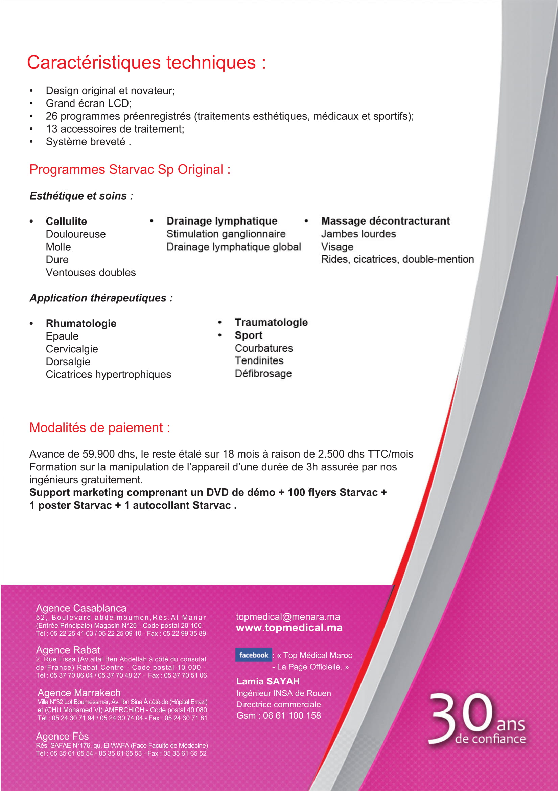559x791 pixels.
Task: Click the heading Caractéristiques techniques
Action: [x=146, y=63]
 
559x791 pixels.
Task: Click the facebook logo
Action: [x=254, y=655]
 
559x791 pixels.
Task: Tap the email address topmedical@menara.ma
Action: [x=287, y=617]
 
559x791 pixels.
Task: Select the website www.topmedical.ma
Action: [x=289, y=628]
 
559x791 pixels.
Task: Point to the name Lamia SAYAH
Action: [x=268, y=681]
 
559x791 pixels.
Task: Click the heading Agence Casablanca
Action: [x=81, y=608]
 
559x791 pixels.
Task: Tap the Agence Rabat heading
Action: [x=68, y=650]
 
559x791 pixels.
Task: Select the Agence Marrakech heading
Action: [x=79, y=693]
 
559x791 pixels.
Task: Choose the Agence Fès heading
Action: [x=62, y=736]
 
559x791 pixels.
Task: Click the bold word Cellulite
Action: [x=66, y=221]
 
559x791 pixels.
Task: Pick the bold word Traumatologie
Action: [x=271, y=323]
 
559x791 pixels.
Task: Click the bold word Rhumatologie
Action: [x=81, y=324]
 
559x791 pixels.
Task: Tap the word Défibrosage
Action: [x=263, y=373]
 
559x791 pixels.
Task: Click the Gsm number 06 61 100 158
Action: [x=292, y=716]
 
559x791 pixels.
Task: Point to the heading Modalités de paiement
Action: [x=99, y=427]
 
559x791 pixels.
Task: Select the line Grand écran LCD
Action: [x=89, y=103]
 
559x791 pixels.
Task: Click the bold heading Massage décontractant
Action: [x=386, y=221]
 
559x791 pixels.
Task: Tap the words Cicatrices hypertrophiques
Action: [x=108, y=374]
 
